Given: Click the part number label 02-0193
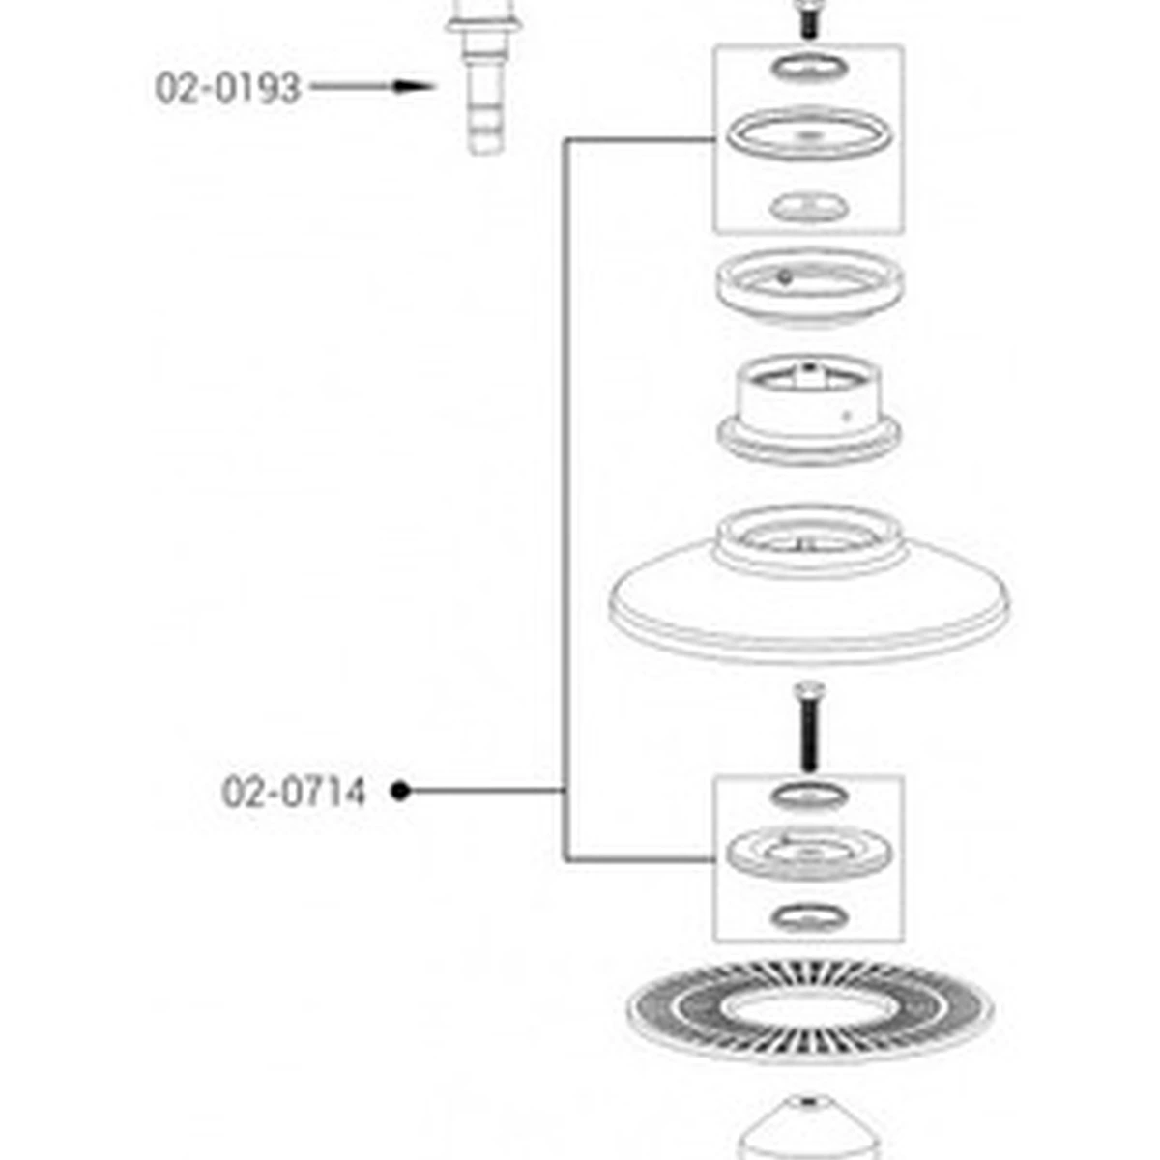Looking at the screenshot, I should pos(227,88).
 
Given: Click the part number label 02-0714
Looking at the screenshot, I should pos(294,793).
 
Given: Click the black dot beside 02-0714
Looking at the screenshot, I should pos(401,791).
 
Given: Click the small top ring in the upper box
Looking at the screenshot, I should pos(809,67).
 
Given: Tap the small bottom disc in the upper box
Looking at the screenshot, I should pos(808,207).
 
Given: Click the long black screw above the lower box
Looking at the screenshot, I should pos(808,729).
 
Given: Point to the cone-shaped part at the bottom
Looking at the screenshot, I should pos(808,1131).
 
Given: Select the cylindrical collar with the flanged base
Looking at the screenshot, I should pos(808,411).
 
